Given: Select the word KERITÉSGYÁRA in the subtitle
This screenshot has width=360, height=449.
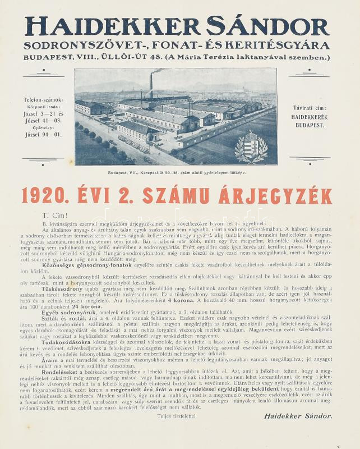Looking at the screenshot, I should pyautogui.click(x=285, y=44).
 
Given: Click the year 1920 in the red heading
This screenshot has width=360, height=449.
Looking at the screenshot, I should pyautogui.click(x=50, y=195).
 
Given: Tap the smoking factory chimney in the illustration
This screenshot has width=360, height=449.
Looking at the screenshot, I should pyautogui.click(x=150, y=87).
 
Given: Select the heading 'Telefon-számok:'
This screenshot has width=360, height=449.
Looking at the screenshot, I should pyautogui.click(x=46, y=99).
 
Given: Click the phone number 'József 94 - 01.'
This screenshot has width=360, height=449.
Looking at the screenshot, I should pyautogui.click(x=46, y=135).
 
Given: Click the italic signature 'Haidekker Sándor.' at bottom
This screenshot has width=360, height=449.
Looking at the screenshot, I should pyautogui.click(x=297, y=416).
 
